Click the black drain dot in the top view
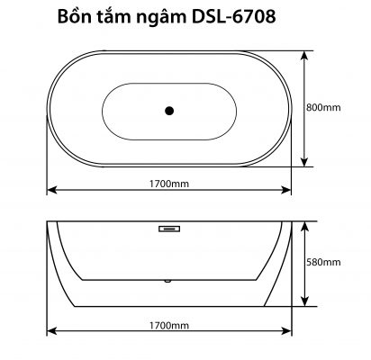169,111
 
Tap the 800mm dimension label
323,108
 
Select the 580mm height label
323,262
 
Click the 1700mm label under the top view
169,184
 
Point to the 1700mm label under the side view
169,325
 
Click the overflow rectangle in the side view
169,229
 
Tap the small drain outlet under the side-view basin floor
167,281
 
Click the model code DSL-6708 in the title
233,17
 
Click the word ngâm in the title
161,18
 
